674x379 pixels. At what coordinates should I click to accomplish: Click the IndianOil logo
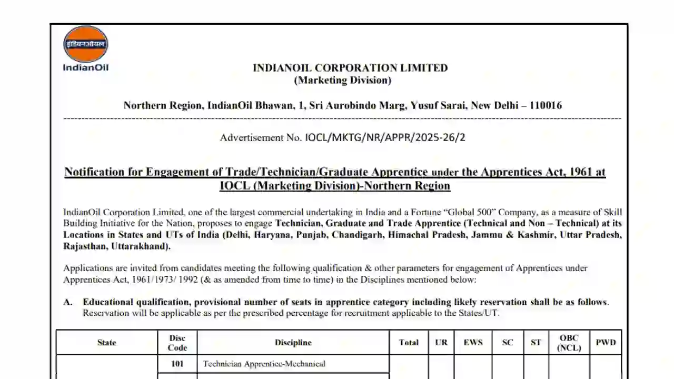pyautogui.click(x=86, y=48)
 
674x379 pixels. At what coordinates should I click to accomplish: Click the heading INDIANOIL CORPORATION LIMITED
pyautogui.click(x=350, y=68)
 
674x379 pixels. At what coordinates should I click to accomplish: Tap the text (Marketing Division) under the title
pyautogui.click(x=342, y=81)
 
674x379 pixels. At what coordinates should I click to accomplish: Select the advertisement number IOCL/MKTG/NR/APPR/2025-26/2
pyautogui.click(x=385, y=138)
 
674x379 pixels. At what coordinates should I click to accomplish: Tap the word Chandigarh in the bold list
pyautogui.click(x=358, y=235)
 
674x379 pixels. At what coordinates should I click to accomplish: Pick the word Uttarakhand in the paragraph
pyautogui.click(x=142, y=246)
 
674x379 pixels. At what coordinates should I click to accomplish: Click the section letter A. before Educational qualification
pyautogui.click(x=68, y=302)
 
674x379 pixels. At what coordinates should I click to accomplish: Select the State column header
pyautogui.click(x=106, y=343)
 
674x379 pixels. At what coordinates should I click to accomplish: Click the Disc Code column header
pyautogui.click(x=177, y=343)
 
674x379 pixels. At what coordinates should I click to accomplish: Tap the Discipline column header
pyautogui.click(x=293, y=343)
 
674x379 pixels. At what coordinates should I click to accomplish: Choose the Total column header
pyautogui.click(x=409, y=343)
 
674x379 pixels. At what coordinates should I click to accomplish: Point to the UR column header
pyautogui.click(x=441, y=343)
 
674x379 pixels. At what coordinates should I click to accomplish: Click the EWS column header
pyautogui.click(x=473, y=343)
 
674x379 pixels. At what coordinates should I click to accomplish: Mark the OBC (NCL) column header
pyautogui.click(x=569, y=343)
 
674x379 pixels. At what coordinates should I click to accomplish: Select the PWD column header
pyautogui.click(x=606, y=343)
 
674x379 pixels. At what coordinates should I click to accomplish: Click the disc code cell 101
pyautogui.click(x=177, y=364)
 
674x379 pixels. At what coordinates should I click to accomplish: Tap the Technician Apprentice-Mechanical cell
pyautogui.click(x=264, y=364)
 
